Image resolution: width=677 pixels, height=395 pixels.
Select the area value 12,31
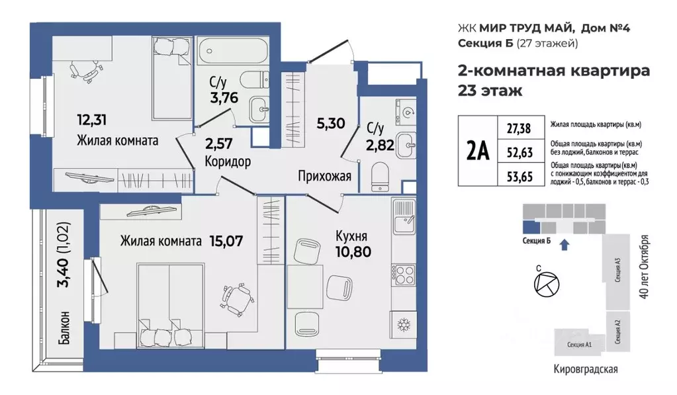point(92,120)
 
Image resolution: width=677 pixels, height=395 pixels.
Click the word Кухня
point(351,235)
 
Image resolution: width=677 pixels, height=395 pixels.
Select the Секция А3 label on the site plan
point(617,271)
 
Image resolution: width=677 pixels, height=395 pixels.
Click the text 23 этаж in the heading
point(490,91)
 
